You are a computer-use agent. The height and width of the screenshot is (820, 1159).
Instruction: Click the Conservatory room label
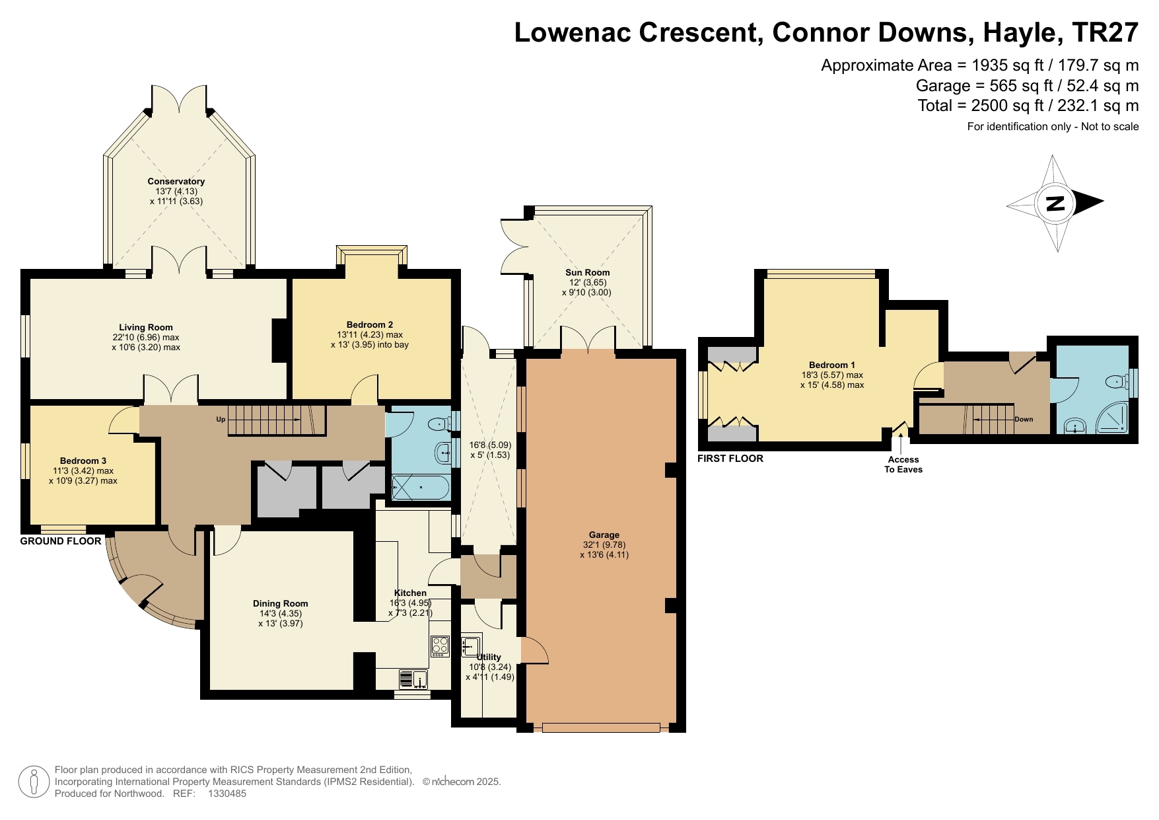coord(176,181)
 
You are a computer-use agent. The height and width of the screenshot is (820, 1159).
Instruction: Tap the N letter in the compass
coord(1056,204)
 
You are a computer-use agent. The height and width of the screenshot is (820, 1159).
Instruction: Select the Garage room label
coord(604,535)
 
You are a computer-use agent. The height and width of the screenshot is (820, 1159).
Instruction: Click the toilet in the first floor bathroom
coord(1117,381)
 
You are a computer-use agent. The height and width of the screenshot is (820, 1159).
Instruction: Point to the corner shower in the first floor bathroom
coord(1112,418)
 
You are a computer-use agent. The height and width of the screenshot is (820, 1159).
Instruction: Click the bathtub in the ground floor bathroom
coord(421,488)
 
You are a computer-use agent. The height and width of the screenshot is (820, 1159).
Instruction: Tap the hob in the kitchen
coord(440,646)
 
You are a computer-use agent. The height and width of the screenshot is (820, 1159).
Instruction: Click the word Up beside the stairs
coord(221,420)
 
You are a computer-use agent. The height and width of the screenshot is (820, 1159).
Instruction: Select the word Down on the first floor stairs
coord(1024,419)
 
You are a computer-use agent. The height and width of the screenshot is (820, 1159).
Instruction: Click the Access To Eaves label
coord(903,464)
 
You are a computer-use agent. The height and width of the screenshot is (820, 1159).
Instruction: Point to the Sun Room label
coord(587,272)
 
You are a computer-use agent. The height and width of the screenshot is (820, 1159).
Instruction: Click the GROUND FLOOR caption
coord(61,541)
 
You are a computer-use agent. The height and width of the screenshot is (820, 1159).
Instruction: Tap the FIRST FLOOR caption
coord(730,459)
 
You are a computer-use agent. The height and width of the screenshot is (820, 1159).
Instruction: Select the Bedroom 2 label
coord(369,324)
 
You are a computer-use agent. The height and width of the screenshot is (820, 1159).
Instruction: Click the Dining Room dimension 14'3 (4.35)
coord(280,613)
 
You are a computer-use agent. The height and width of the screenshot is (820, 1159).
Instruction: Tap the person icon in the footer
coord(34,782)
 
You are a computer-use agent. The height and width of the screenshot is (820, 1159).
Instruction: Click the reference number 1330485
coord(227,794)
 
